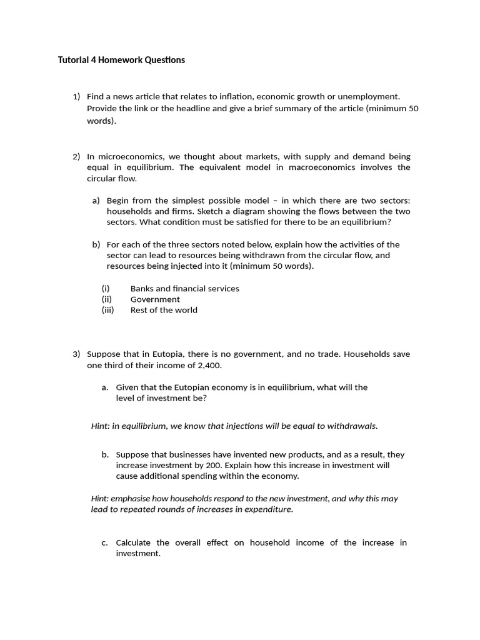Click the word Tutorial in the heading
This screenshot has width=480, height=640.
point(74,60)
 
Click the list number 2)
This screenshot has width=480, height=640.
point(76,156)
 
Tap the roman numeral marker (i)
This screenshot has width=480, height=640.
point(106,289)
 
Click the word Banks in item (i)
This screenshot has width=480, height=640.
point(142,289)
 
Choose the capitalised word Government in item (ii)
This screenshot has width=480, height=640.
point(155,299)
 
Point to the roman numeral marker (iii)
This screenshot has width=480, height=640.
point(107,310)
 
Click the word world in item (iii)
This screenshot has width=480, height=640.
point(186,310)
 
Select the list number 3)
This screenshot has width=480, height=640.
point(76,354)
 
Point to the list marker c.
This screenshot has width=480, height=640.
point(104,542)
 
